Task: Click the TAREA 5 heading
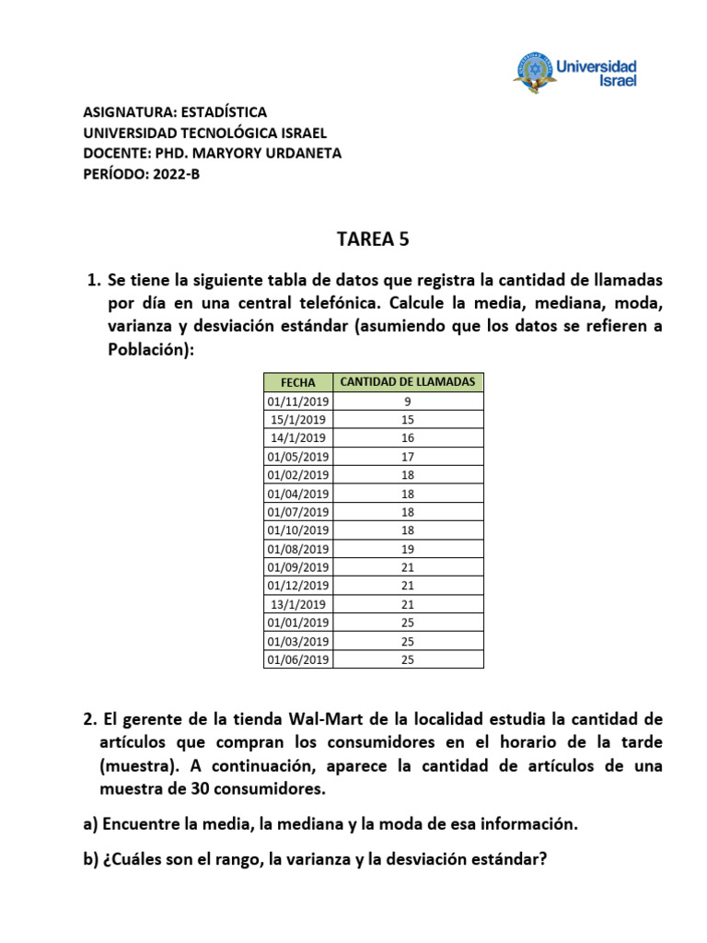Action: pyautogui.click(x=372, y=240)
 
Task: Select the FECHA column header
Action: pyautogui.click(x=299, y=382)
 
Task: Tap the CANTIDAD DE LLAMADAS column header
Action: pyautogui.click(x=408, y=382)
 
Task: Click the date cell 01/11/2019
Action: pyautogui.click(x=298, y=402)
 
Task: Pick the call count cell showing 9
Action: pyautogui.click(x=408, y=402)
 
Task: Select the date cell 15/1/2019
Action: pyautogui.click(x=298, y=420)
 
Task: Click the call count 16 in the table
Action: pyautogui.click(x=408, y=438)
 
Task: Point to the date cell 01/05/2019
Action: pyautogui.click(x=298, y=457)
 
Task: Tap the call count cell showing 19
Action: pyautogui.click(x=408, y=549)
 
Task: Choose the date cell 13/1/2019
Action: pyautogui.click(x=298, y=604)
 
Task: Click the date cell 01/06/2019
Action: pyautogui.click(x=298, y=659)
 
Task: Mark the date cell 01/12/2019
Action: pyautogui.click(x=298, y=586)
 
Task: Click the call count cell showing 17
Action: pyautogui.click(x=408, y=457)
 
